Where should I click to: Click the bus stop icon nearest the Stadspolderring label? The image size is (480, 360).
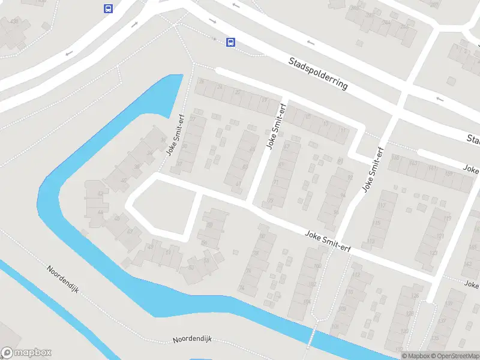[x=230, y=42]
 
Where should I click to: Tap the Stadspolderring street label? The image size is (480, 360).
[x=318, y=73]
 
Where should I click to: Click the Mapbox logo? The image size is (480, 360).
[x=26, y=353]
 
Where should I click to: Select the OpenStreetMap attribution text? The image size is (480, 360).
[x=454, y=356]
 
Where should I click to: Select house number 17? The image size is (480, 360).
[x=325, y=124]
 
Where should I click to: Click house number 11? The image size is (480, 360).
[x=343, y=130]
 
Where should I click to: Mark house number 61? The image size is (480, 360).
[x=239, y=184]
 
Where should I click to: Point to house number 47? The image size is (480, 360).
[x=129, y=230]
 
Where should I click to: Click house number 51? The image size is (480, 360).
[x=168, y=252]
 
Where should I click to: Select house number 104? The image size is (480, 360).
[x=307, y=301]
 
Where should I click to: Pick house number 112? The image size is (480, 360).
[x=357, y=275]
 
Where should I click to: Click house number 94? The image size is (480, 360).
[x=343, y=195]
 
